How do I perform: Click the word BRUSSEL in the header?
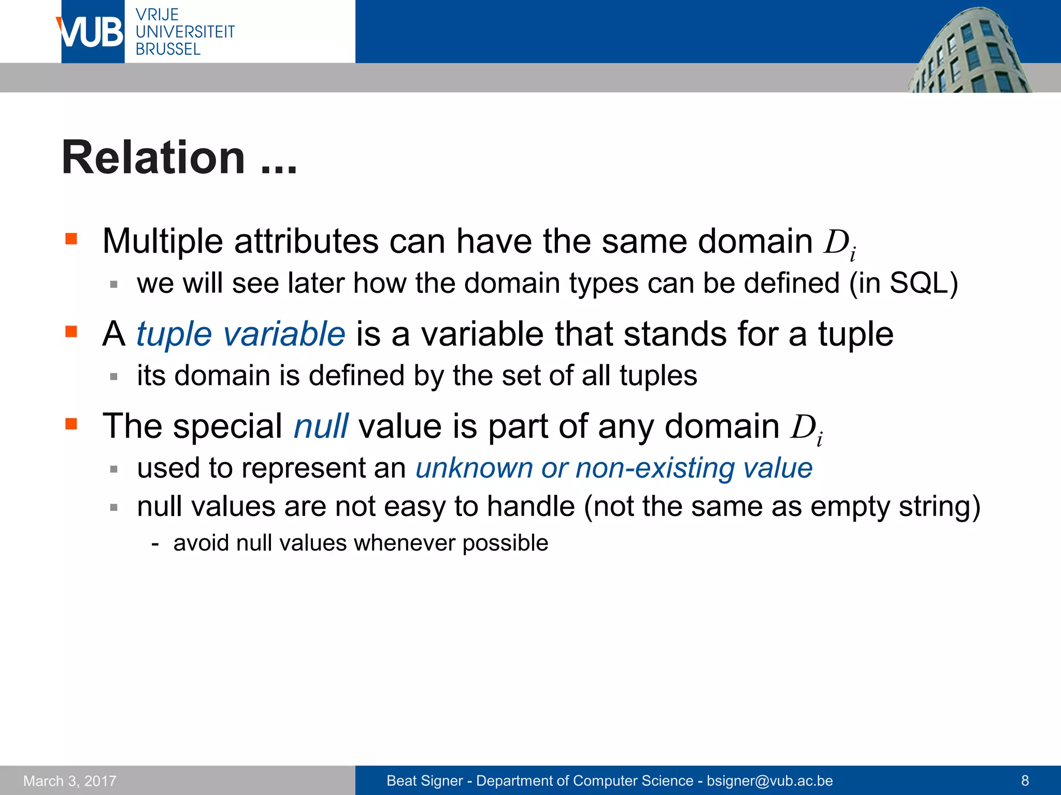coord(168,50)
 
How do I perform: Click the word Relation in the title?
coord(153,158)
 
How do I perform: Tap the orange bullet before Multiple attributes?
coord(71,239)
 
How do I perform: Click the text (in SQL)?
coord(904,284)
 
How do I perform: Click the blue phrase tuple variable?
coord(240,334)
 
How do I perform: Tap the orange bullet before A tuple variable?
coord(71,331)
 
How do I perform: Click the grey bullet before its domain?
coord(114,376)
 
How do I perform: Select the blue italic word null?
coord(321,426)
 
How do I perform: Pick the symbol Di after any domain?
coord(806,429)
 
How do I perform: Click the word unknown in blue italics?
coord(474,468)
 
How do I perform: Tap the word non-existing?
coord(655,468)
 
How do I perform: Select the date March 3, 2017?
coord(70,781)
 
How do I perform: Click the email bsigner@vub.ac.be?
coord(770,781)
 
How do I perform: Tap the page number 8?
coord(1025,781)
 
